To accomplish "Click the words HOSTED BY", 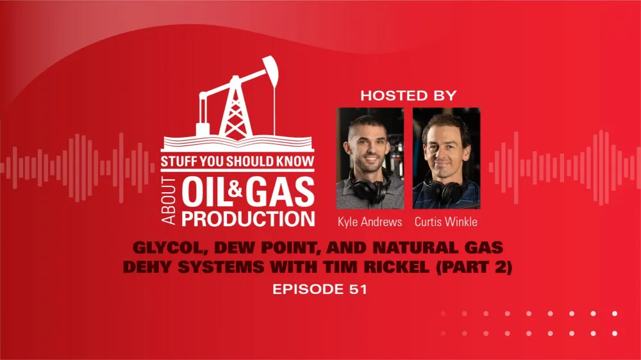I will [408, 96].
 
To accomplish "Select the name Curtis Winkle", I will [446, 222].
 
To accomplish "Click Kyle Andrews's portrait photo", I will [370, 157].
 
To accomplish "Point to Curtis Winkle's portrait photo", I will [446, 157].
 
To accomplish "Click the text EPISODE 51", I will [320, 290].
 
